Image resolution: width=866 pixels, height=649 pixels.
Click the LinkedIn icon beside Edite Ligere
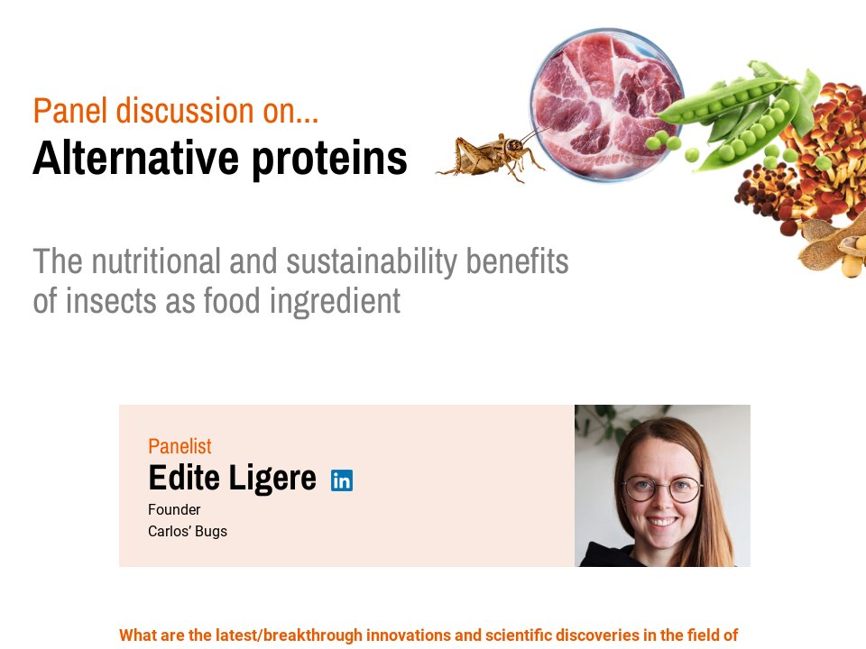click(x=342, y=480)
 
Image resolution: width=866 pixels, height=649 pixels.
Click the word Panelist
click(x=180, y=445)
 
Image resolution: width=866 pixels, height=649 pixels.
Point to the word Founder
click(x=174, y=510)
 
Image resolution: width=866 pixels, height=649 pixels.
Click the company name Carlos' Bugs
click(x=188, y=532)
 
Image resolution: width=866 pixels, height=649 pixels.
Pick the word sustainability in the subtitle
click(x=373, y=261)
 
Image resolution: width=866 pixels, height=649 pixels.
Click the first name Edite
click(x=183, y=478)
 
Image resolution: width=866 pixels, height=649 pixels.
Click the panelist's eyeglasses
click(x=662, y=489)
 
